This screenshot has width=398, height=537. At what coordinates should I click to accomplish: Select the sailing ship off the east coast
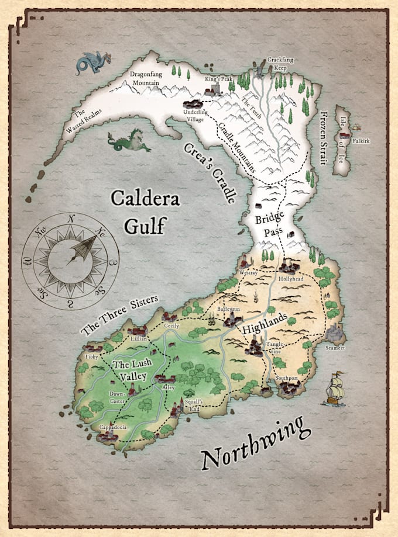coord(334,388)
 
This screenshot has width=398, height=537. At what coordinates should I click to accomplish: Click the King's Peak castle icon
coord(212,91)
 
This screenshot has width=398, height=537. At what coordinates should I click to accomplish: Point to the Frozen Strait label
coord(325,137)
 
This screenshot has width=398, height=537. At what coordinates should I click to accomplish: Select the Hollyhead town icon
coord(288,268)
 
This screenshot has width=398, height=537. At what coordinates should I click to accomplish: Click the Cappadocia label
coord(112,427)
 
